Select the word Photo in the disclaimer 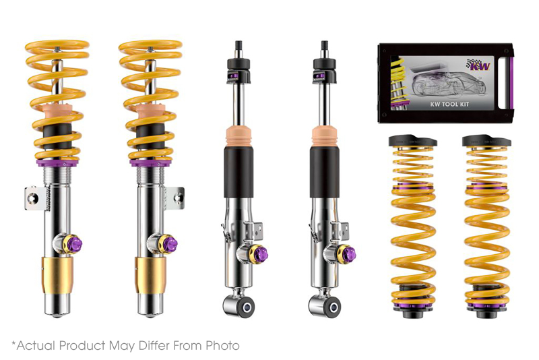[222, 346]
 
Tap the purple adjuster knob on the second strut [170, 242]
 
